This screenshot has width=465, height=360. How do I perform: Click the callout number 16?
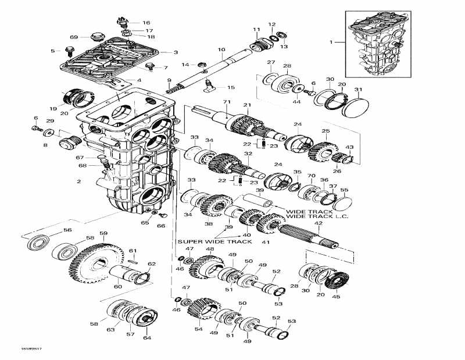pyautogui.click(x=146, y=23)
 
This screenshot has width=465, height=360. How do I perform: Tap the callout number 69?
pyautogui.click(x=74, y=37)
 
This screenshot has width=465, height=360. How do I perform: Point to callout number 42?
pyautogui.click(x=318, y=223)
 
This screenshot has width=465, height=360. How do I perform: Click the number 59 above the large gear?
pyautogui.click(x=103, y=234)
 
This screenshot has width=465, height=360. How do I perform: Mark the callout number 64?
pyautogui.click(x=146, y=338)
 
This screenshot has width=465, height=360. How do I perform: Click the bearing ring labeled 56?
pyautogui.click(x=39, y=241)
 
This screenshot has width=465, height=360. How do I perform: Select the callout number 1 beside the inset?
pyautogui.click(x=332, y=42)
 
